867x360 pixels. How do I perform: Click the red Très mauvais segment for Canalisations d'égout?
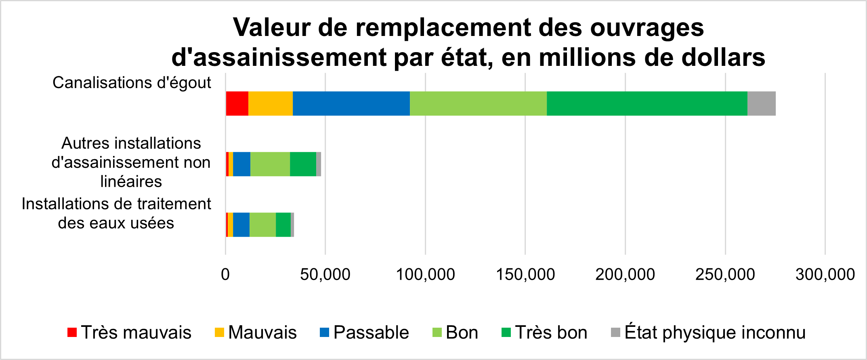click(237, 103)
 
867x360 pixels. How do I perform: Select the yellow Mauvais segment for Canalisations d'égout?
click(270, 103)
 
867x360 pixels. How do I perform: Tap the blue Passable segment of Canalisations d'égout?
click(351, 103)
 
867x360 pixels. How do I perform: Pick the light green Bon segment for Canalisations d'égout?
click(478, 103)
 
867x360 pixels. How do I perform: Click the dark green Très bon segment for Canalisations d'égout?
click(647, 103)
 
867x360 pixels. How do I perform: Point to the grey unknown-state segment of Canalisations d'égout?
click(761, 103)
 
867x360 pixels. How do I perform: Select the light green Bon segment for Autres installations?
click(270, 164)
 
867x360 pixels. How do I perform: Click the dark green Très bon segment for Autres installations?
click(303, 164)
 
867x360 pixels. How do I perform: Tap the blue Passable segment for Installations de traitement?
click(241, 225)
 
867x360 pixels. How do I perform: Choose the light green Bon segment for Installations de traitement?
click(262, 225)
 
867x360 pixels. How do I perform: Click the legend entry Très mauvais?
click(129, 333)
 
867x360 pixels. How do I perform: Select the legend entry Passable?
click(364, 333)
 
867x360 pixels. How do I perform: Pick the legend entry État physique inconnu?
click(708, 333)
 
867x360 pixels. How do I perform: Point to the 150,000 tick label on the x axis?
click(525, 275)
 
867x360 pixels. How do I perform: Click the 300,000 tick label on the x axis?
click(825, 275)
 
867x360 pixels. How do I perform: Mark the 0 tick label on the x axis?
click(225, 275)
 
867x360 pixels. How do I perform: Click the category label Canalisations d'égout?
click(132, 83)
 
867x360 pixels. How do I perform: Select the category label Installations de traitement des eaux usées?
click(116, 213)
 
